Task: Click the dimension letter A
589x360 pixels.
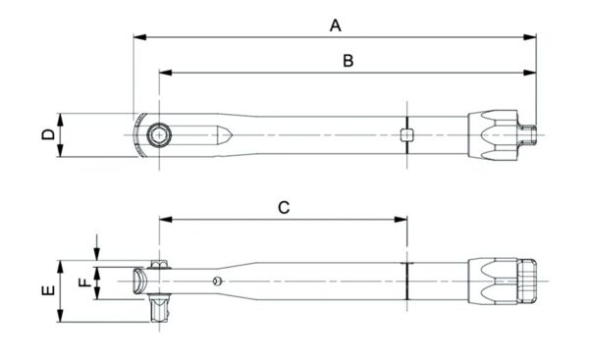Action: coord(336,26)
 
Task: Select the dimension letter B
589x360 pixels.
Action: coord(348,61)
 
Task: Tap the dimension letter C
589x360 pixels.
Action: coord(284,207)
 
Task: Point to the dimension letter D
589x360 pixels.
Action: coord(48,134)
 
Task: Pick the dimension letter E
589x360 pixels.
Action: coord(48,290)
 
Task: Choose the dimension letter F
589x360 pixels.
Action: coord(85,283)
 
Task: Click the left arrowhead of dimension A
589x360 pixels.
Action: coord(139,37)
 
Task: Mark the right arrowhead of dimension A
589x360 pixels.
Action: coord(530,37)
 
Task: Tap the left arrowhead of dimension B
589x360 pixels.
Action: coord(165,73)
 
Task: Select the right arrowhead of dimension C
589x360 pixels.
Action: coord(401,219)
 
